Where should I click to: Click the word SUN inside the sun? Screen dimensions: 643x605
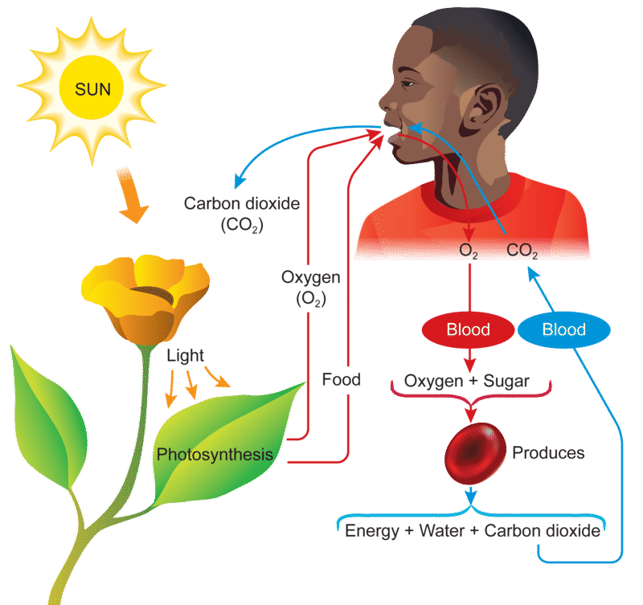click(x=92, y=89)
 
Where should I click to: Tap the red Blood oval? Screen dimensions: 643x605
click(x=469, y=329)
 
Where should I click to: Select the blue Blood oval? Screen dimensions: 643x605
click(x=564, y=329)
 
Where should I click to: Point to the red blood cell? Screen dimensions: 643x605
click(x=475, y=453)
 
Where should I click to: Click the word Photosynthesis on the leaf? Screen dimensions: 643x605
click(x=215, y=455)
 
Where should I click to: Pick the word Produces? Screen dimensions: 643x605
click(x=548, y=453)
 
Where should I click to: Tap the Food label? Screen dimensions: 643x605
click(x=341, y=379)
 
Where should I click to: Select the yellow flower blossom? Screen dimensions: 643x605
click(x=145, y=298)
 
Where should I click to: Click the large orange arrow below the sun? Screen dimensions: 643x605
click(x=132, y=195)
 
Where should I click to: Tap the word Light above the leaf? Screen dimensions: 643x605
click(x=185, y=356)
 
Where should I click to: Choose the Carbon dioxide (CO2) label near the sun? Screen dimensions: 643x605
click(x=242, y=214)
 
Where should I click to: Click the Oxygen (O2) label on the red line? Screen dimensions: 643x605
click(x=311, y=288)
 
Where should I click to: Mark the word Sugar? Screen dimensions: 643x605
click(x=506, y=381)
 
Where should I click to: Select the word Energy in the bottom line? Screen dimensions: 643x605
click(x=372, y=531)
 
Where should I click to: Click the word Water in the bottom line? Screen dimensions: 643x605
click(x=442, y=531)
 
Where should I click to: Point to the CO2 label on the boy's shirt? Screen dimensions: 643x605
click(x=522, y=251)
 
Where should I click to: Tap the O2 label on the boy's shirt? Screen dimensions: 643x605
click(x=469, y=251)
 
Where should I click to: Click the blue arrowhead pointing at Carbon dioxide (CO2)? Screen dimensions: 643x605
click(x=239, y=182)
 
